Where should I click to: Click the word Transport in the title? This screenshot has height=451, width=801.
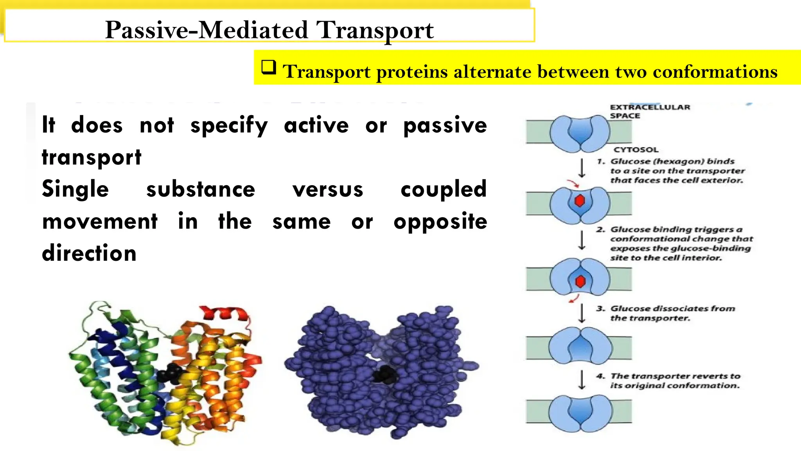(374, 30)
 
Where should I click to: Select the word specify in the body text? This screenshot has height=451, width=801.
(229, 126)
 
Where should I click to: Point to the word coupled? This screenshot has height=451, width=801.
(444, 189)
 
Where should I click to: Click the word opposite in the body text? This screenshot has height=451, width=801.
(440, 222)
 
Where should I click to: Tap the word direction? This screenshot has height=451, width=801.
(89, 253)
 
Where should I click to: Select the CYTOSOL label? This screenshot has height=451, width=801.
(636, 150)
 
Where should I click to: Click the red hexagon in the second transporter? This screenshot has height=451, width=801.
(580, 201)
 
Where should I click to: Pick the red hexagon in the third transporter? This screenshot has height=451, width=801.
(580, 281)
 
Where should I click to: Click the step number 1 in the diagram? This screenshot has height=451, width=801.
(601, 161)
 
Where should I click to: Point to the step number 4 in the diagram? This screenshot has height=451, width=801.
(600, 376)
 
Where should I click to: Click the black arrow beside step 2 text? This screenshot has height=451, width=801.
(582, 240)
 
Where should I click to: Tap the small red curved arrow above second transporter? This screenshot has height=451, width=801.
(574, 183)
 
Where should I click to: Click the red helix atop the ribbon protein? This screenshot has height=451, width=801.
(224, 313)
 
